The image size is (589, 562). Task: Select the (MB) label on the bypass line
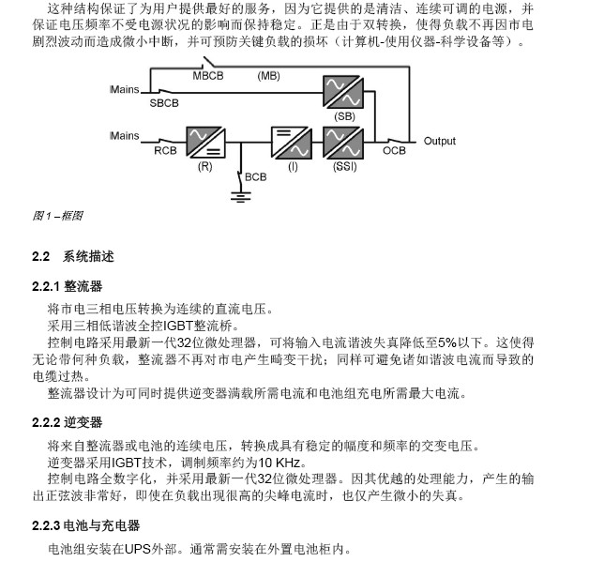click(268, 75)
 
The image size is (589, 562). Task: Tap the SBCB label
click(163, 102)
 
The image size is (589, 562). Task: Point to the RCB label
click(165, 149)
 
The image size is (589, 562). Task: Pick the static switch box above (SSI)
click(342, 143)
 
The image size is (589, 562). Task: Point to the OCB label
click(394, 149)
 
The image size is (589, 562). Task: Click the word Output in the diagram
click(439, 142)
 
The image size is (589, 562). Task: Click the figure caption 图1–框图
click(57, 216)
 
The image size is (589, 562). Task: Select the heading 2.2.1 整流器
click(67, 285)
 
